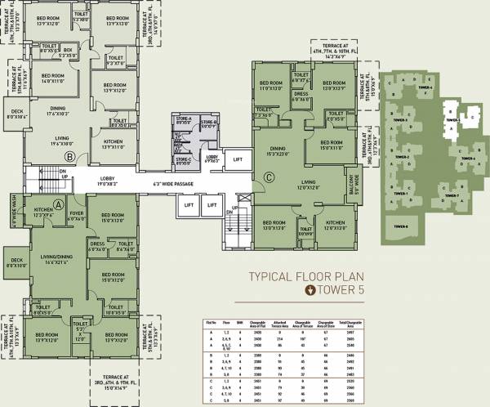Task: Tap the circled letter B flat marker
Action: (70, 155)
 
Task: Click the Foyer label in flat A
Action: (76, 215)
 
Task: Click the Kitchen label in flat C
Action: (336, 225)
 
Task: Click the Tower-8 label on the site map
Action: (400, 226)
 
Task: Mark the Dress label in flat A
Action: (96, 244)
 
